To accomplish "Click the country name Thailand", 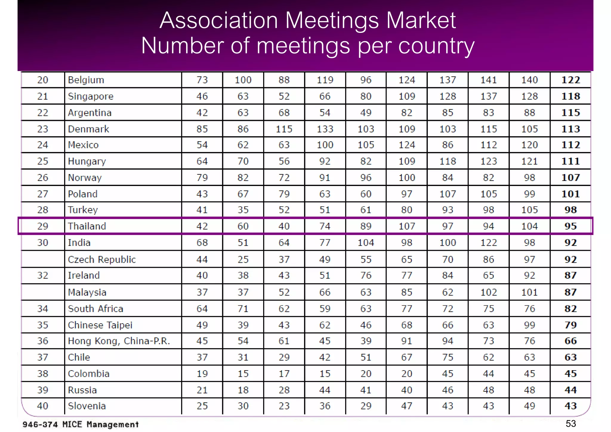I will [87, 226].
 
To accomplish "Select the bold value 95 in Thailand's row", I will [570, 226].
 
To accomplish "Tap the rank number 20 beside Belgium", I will [43, 80].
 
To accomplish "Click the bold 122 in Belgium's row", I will [570, 80].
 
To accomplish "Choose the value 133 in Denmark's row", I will [325, 129].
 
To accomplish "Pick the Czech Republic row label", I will [102, 259].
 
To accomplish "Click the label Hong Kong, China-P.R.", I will [119, 341].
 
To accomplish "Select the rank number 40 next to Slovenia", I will [43, 406].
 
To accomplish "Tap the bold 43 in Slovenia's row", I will [570, 406].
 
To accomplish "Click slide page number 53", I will [570, 423].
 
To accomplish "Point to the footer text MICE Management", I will [100, 424].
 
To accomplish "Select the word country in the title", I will [436, 46].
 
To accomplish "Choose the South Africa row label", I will [95, 308].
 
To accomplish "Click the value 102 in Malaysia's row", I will [488, 292].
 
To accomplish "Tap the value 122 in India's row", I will [488, 242].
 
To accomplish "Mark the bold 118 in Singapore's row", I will [570, 96].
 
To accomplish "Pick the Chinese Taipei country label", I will [100, 325].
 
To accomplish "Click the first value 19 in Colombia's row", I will [202, 373].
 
